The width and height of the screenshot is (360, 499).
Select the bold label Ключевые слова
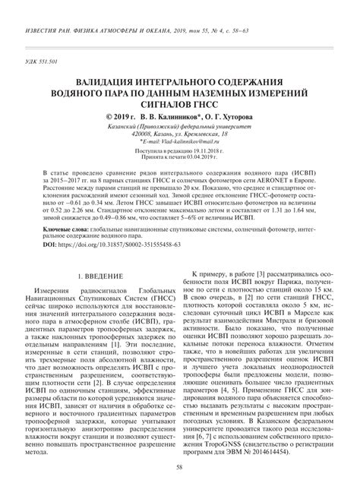[65, 228]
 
